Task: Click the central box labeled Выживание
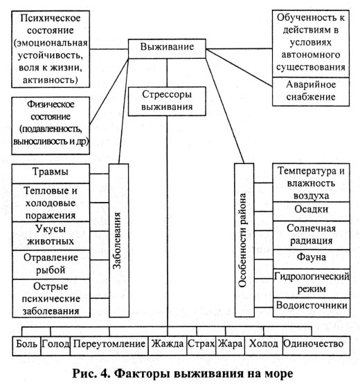click(166, 48)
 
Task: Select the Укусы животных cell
click(50, 235)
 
